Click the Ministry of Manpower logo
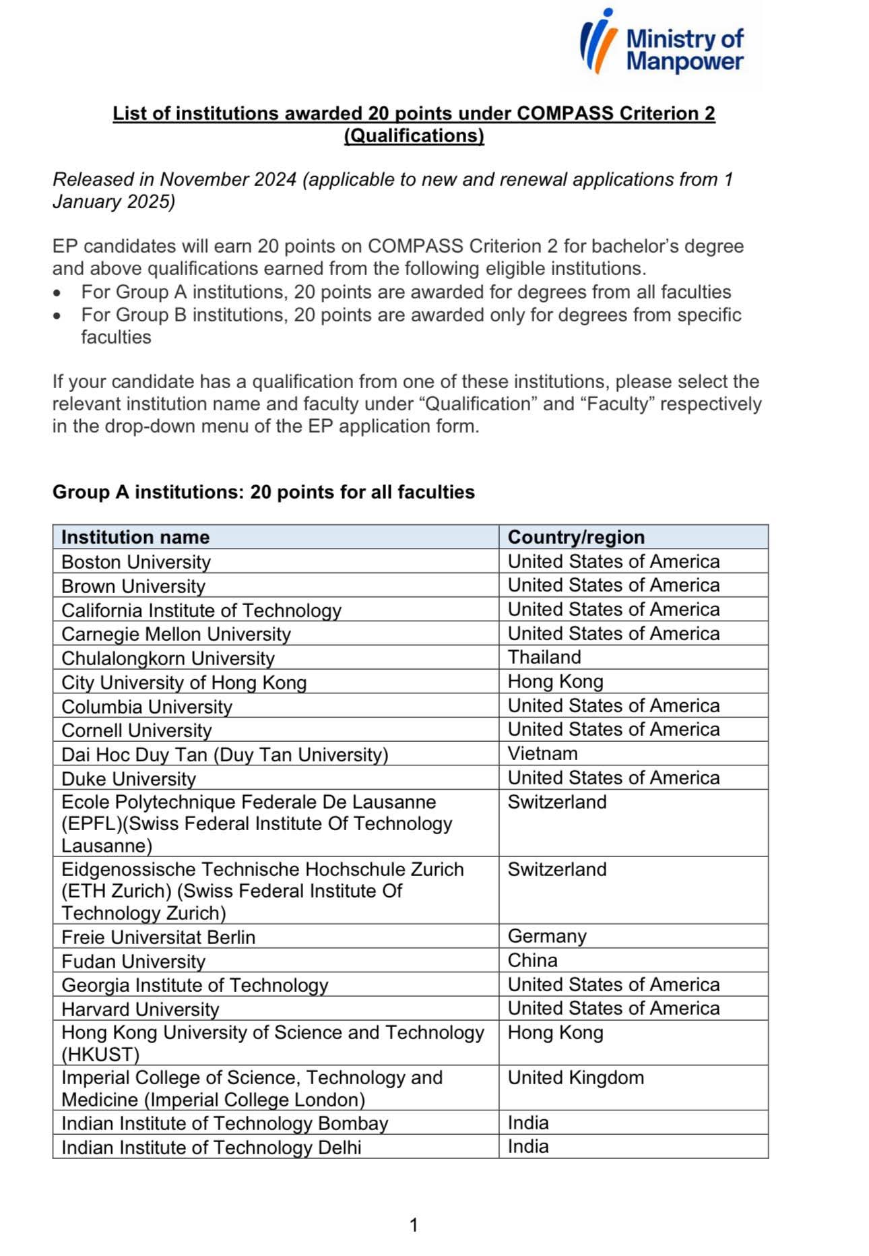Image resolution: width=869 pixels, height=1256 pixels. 662,42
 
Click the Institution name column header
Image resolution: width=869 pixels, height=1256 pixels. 135,537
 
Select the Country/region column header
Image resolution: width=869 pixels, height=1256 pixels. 576,537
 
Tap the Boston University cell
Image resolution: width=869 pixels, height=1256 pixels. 136,562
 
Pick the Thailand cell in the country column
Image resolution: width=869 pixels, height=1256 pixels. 544,657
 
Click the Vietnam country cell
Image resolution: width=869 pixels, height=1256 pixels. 542,753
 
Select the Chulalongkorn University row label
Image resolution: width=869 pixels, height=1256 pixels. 168,658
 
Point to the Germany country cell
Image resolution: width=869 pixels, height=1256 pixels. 547,936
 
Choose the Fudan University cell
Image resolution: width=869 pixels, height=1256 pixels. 133,962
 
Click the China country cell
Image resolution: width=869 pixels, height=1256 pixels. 532,960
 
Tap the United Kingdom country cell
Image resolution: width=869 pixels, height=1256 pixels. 575,1077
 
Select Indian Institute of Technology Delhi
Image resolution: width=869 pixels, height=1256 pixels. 212,1148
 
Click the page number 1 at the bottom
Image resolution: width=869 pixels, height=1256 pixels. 414,1225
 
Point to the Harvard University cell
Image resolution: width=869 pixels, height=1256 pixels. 140,1009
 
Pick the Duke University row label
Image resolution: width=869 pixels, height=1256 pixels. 129,779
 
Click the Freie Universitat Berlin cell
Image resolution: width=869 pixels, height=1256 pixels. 158,937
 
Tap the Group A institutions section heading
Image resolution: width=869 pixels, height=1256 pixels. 263,492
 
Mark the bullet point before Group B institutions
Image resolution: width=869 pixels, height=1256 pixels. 59,315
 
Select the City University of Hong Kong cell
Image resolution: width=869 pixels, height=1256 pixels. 184,683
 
